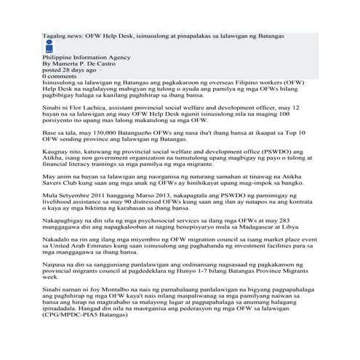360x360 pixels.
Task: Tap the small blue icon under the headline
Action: [49, 48]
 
